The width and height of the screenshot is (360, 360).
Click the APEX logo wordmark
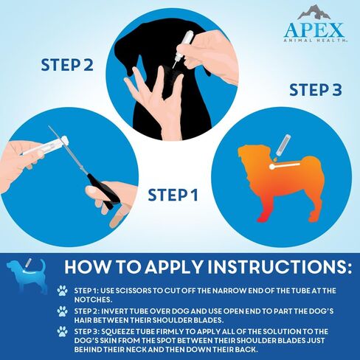pyautogui.click(x=314, y=30)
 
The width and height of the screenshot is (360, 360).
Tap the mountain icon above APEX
pyautogui.click(x=314, y=12)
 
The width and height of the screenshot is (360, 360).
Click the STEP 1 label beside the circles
pyautogui.click(x=173, y=195)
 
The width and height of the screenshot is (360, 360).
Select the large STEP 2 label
pyautogui.click(x=67, y=65)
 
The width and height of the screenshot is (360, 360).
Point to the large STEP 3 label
pyautogui.click(x=316, y=90)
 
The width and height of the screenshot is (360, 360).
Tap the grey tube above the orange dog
pyautogui.click(x=283, y=145)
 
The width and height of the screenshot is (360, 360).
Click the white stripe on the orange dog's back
pyautogui.click(x=285, y=166)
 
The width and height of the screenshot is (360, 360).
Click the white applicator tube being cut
pyautogui.click(x=45, y=147)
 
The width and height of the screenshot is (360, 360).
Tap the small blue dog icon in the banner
pyautogui.click(x=27, y=276)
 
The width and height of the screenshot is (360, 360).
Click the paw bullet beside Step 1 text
pyautogui.click(x=63, y=291)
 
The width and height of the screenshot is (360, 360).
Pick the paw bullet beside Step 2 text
pyautogui.click(x=63, y=311)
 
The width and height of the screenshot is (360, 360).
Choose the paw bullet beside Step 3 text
pyautogui.click(x=63, y=331)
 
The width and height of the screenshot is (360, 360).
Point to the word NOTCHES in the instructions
pyautogui.click(x=93, y=300)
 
